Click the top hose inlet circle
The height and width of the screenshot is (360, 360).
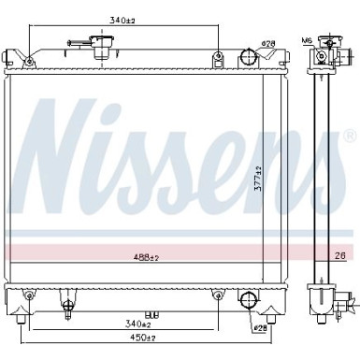click(248, 56)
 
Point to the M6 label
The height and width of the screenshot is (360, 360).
click(307, 40)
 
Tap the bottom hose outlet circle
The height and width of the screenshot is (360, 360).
click(249, 301)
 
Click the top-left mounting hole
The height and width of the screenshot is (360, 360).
click(29, 63)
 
